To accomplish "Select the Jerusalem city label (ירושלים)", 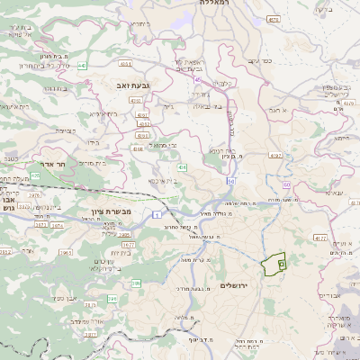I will (x=238, y=284).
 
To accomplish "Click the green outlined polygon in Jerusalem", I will (x=273, y=265).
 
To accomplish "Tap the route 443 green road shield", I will (x=82, y=66).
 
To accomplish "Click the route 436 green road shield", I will (x=182, y=167).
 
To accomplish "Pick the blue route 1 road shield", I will (x=155, y=214).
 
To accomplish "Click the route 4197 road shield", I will (x=275, y=155).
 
